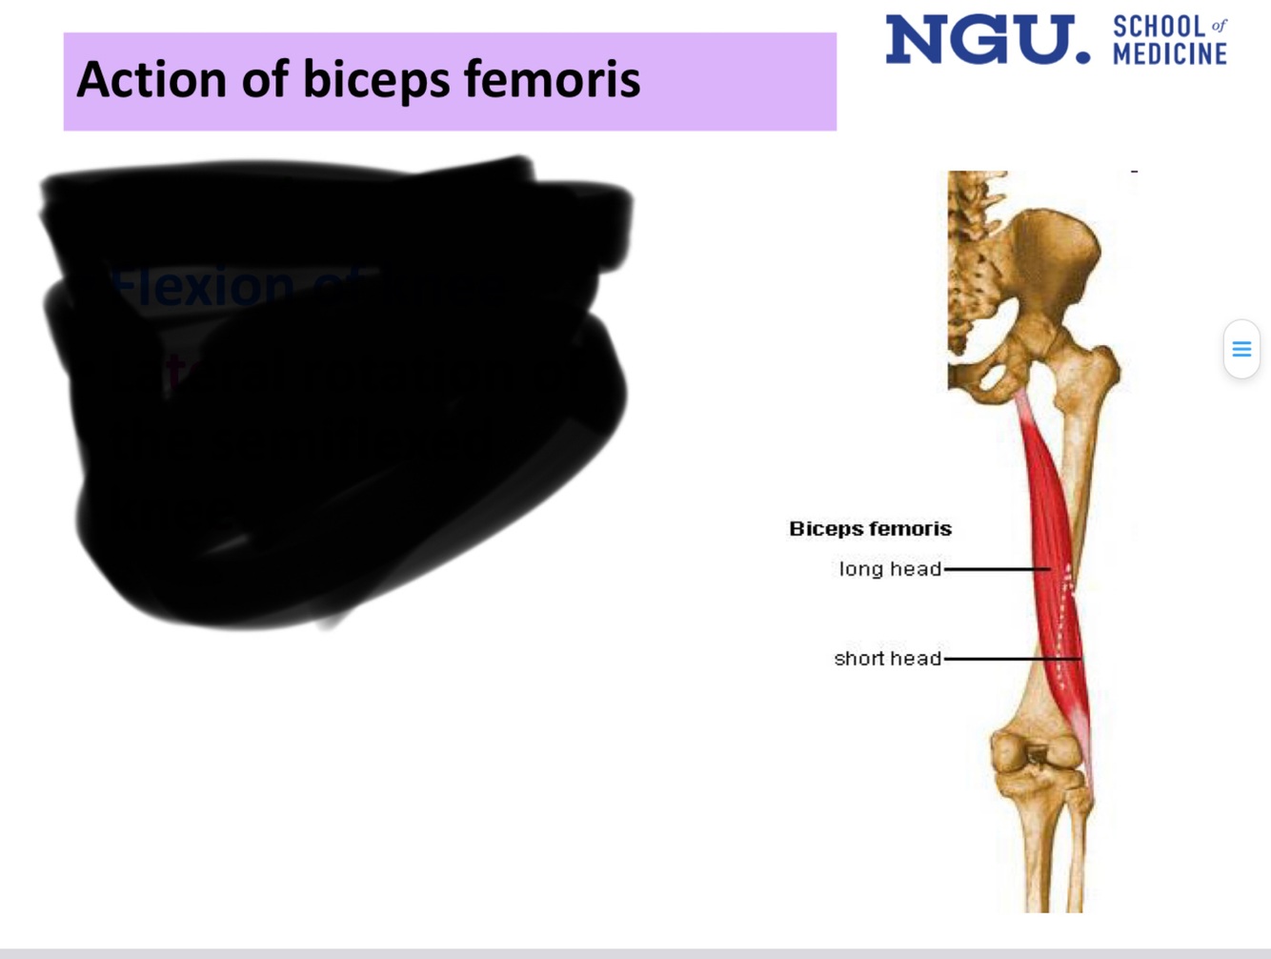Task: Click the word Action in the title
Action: click(151, 79)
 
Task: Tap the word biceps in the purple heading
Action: click(375, 81)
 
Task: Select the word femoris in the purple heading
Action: click(552, 79)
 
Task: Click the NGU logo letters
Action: click(987, 40)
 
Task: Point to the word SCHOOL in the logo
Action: click(1159, 27)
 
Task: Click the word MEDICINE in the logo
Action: click(1169, 54)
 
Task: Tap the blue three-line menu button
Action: click(1241, 349)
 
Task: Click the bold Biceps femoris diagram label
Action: click(870, 529)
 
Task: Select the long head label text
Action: click(889, 569)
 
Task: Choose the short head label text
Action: click(887, 659)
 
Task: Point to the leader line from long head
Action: click(996, 569)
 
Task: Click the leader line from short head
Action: click(1010, 659)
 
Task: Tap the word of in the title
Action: click(265, 79)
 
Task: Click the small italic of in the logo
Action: click(1219, 26)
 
